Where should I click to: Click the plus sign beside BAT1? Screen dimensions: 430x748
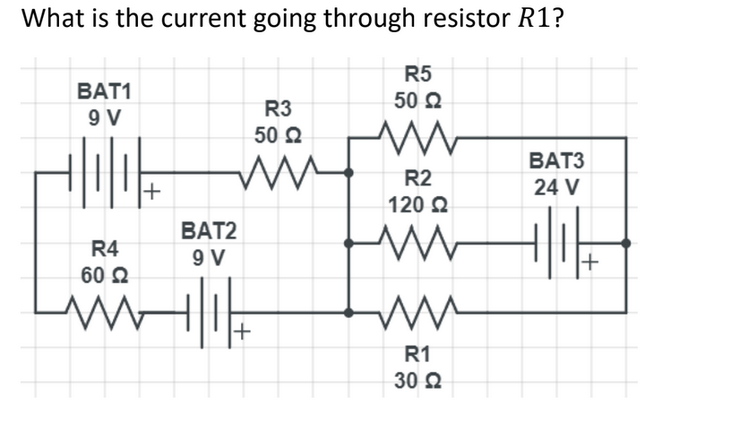click(152, 191)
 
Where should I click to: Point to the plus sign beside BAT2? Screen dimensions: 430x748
click(242, 333)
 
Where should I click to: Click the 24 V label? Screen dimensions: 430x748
click(555, 189)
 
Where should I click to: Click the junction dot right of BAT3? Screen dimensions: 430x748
click(625, 242)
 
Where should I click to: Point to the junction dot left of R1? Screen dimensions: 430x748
click(348, 312)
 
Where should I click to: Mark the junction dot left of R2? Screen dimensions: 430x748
click(348, 242)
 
